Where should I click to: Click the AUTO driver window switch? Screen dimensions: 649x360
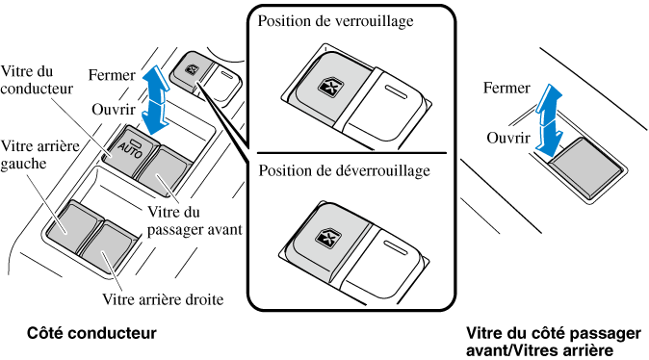130,151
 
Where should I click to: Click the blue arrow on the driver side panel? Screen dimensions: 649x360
155,100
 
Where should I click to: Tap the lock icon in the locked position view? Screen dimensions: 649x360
327,86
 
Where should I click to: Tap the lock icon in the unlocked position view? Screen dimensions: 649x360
325,238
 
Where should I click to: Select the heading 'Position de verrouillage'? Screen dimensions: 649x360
335,21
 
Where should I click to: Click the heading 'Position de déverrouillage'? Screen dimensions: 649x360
344,170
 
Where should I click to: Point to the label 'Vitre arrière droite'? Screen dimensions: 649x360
163,299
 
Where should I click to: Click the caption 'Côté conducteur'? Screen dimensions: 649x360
91,333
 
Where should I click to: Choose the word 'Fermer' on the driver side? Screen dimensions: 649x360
112,75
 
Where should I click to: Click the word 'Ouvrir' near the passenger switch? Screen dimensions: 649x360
508,138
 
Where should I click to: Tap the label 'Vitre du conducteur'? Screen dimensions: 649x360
37,80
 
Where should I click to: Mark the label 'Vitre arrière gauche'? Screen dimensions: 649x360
39,155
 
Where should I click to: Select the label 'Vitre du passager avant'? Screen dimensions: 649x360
195,220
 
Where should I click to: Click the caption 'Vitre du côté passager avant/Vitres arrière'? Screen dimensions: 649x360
554,342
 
